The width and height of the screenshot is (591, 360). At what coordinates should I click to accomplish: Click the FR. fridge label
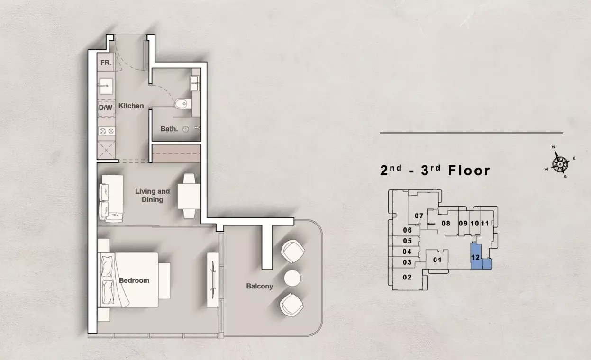pos(106,63)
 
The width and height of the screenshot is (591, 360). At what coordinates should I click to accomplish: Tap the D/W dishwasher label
pos(106,108)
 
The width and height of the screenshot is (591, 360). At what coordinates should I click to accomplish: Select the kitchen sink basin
pos(106,86)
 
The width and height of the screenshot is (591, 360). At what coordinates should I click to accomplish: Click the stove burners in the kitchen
pos(106,131)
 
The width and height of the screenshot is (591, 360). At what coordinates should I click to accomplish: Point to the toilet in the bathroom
pos(182,104)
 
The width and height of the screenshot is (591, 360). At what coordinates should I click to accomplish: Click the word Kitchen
pos(131,106)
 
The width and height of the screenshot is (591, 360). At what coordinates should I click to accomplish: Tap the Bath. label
pos(169,129)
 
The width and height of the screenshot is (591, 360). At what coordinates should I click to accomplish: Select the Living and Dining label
pos(153,195)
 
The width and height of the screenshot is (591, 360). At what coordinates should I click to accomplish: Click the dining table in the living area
pos(189,197)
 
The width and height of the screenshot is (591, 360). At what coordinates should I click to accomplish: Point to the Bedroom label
pos(134,280)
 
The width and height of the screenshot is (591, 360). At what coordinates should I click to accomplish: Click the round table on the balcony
pos(292,278)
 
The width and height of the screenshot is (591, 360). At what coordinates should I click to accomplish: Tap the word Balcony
pos(260,286)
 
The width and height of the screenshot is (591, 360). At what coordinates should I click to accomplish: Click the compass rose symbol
pos(560,164)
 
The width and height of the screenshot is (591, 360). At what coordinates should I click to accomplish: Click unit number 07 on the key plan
pos(419,216)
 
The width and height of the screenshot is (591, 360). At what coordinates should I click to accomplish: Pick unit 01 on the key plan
pos(437,260)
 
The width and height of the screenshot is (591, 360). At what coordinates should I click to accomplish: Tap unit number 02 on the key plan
pos(407,277)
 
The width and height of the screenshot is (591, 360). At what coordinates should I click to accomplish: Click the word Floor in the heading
pos(469,171)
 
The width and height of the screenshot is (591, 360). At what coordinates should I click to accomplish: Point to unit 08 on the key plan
pos(446,224)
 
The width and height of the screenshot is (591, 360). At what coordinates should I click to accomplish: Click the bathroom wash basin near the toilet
pos(194,83)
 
